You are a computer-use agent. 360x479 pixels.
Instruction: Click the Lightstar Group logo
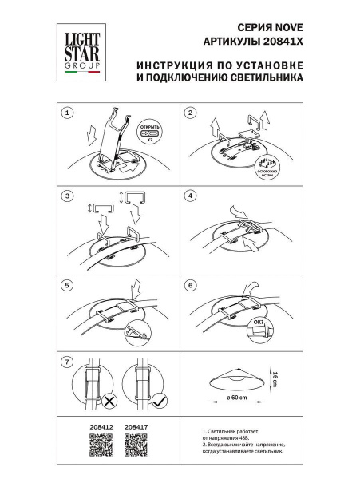[x=77, y=50]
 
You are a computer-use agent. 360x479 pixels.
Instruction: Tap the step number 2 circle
[x=190, y=113]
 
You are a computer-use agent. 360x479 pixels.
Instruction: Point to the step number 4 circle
[x=190, y=196]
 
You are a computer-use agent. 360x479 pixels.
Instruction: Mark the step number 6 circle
[x=190, y=284]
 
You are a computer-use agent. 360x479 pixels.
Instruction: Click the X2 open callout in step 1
[x=151, y=133]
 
